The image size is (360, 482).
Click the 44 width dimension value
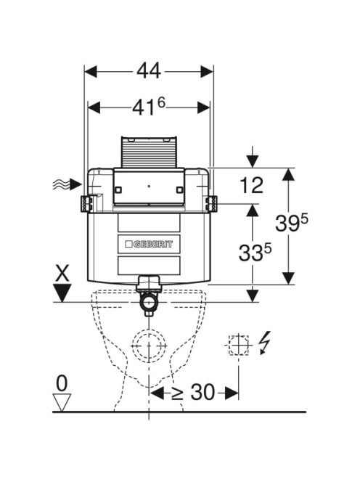(x=149, y=71)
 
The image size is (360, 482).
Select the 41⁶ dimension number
(x=149, y=107)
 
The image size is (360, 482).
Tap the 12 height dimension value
(x=251, y=185)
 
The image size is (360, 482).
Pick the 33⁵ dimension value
(x=255, y=253)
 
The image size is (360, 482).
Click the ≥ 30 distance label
(x=193, y=392)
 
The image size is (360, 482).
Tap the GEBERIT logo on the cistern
(x=149, y=245)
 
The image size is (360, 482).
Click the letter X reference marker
(x=62, y=273)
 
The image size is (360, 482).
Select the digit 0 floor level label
(x=62, y=383)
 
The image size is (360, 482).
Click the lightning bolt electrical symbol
(x=264, y=343)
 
